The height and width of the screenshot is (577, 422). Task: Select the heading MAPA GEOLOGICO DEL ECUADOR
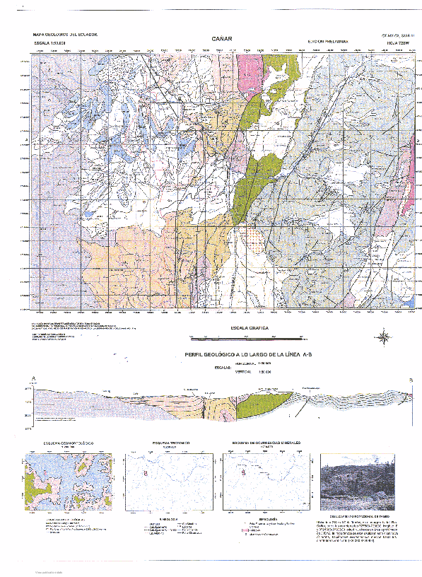[66, 34]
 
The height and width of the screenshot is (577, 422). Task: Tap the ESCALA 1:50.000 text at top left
[54, 43]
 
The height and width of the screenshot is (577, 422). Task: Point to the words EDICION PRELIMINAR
[329, 42]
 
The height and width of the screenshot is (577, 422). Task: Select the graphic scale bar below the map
[247, 337]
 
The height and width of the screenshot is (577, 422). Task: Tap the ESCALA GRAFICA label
[247, 330]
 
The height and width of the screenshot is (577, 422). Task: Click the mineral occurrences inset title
[266, 443]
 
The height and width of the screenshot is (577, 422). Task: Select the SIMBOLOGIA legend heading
[266, 518]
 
